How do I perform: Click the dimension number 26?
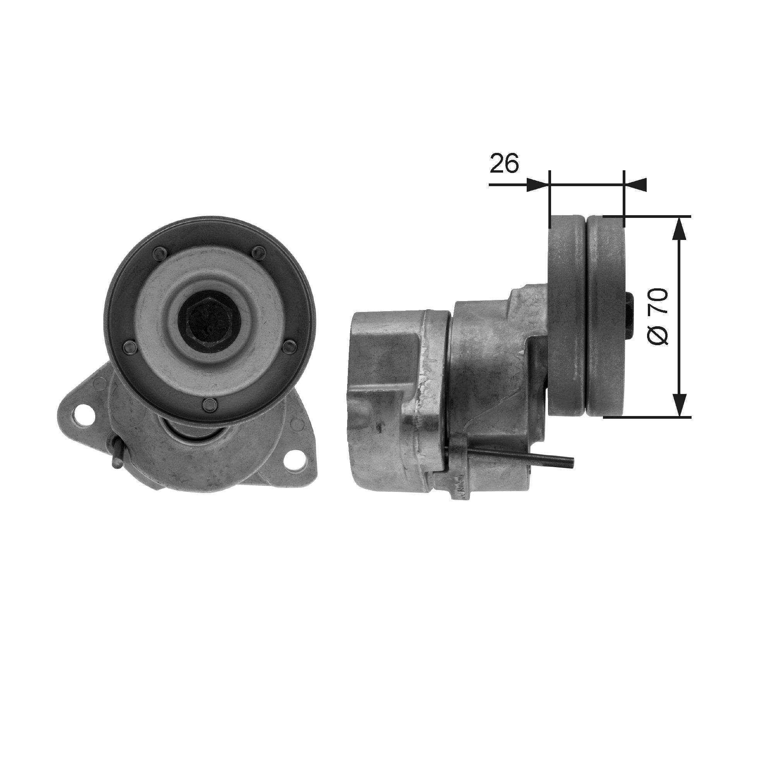click(x=504, y=163)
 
